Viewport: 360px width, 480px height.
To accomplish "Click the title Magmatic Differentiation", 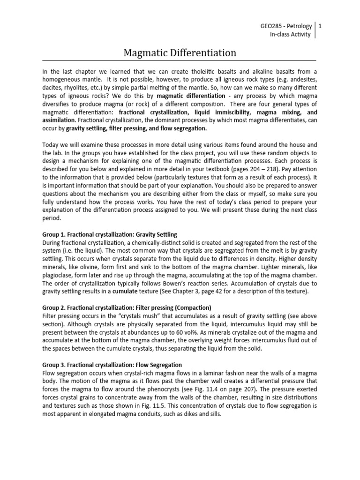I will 180,53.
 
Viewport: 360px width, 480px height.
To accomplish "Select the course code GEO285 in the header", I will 271,26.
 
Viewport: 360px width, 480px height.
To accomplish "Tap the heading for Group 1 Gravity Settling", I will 110,234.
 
